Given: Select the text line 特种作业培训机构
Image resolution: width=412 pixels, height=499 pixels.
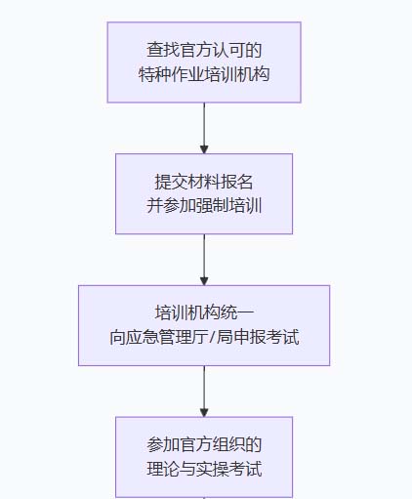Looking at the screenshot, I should pyautogui.click(x=204, y=73).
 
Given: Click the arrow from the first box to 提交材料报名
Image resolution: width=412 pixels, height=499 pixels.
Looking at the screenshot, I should pyautogui.click(x=204, y=127).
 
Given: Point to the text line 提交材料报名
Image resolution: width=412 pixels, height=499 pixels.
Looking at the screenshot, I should pyautogui.click(x=204, y=182).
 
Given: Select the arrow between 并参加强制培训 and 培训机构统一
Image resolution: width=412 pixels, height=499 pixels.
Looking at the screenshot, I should pyautogui.click(x=204, y=259).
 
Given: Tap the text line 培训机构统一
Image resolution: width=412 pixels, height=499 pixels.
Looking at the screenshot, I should pyautogui.click(x=204, y=313).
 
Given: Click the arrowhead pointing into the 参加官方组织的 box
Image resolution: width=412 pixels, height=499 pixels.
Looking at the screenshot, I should pyautogui.click(x=204, y=410).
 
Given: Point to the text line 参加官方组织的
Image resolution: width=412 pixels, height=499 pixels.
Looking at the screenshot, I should pyautogui.click(x=204, y=445).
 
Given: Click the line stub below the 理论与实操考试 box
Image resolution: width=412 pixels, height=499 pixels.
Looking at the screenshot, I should pyautogui.click(x=204, y=496).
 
